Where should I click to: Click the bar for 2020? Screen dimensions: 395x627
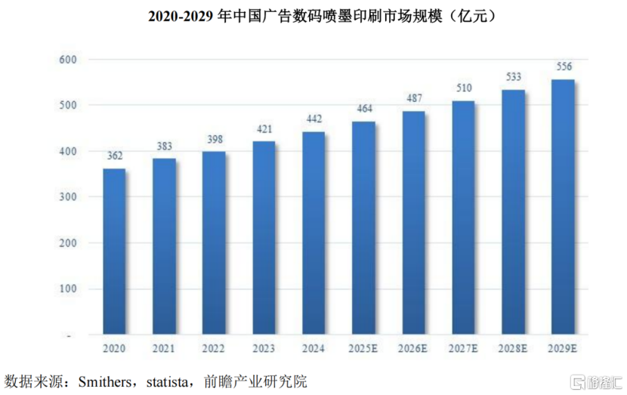(113, 252)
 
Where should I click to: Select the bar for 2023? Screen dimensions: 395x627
(264, 238)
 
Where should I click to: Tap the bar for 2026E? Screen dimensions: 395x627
(412, 223)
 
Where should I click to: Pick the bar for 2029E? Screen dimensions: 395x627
(562, 207)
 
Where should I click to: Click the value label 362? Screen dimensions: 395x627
(113, 157)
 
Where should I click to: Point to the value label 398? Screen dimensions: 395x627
(213, 140)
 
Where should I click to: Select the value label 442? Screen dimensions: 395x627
(313, 120)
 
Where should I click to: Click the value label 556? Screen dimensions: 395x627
(563, 67)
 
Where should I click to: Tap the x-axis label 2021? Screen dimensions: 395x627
(164, 348)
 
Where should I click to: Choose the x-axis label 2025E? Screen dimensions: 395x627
(363, 348)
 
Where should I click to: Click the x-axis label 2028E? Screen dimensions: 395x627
(513, 348)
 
